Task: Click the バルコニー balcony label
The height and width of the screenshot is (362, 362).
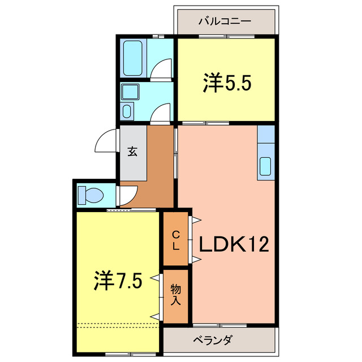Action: [x=225, y=21]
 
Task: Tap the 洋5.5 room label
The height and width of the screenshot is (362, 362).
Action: [x=227, y=84]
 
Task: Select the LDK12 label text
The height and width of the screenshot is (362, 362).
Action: [x=232, y=244]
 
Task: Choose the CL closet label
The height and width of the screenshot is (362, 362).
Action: [x=176, y=240]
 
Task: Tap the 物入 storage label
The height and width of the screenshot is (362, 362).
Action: [x=175, y=294]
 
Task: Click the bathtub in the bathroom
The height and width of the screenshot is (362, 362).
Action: [x=134, y=58]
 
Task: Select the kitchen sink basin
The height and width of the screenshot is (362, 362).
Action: [x=265, y=167]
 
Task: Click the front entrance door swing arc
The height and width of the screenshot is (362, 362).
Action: [x=105, y=141]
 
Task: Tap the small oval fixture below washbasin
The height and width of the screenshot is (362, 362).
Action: [x=127, y=110]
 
